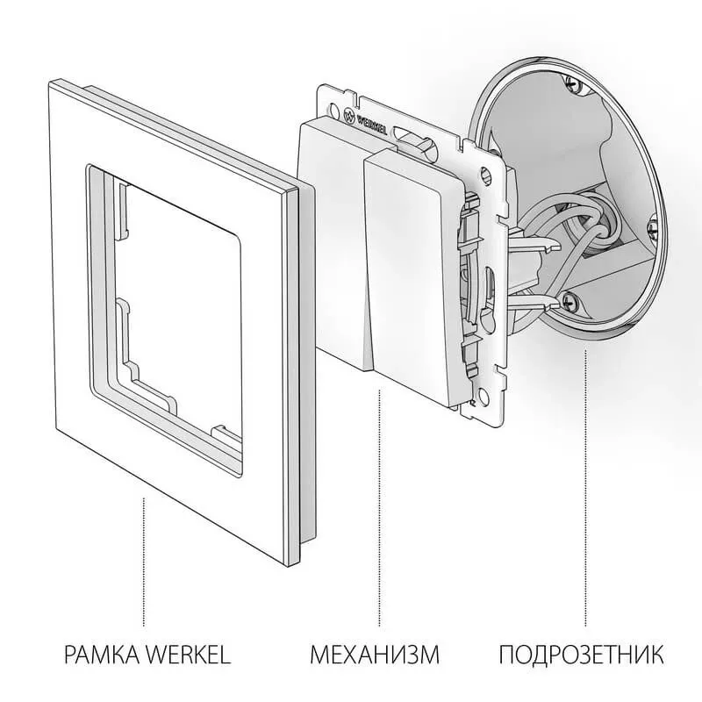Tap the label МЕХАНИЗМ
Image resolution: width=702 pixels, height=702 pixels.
375,655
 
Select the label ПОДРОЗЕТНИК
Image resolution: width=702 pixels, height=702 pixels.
582,655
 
